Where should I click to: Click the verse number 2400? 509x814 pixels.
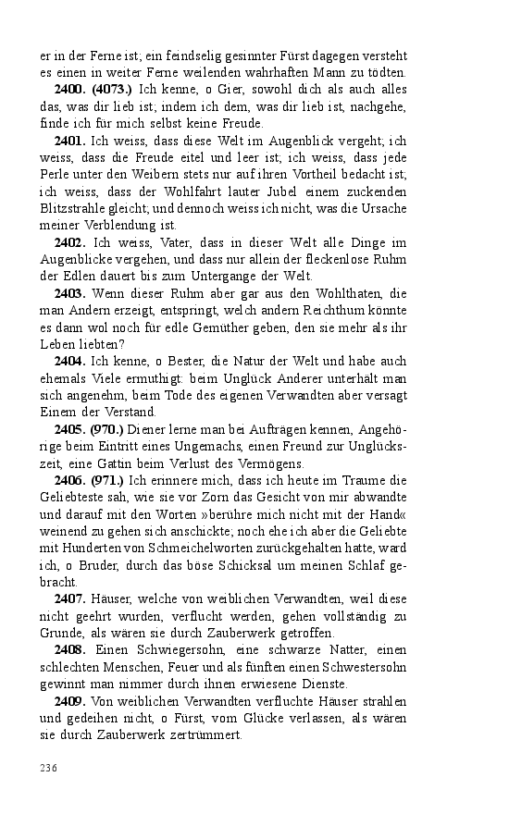tap(71, 91)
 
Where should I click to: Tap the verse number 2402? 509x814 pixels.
tap(71, 242)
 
